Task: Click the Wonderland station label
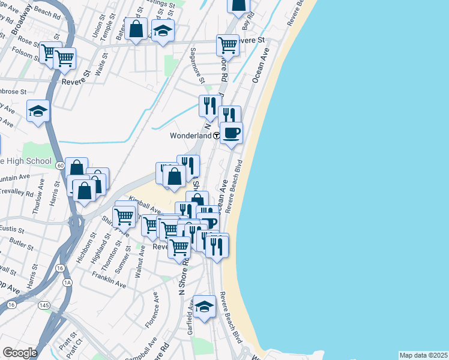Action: pos(190,136)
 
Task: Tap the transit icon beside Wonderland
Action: pos(216,136)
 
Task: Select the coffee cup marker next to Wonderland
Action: pos(231,133)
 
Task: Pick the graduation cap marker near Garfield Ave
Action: pos(204,307)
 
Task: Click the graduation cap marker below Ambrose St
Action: pos(38,111)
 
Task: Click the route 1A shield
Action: pos(67,281)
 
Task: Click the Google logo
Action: pos(20,353)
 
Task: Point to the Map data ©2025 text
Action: pos(423,355)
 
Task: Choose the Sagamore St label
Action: pos(197,66)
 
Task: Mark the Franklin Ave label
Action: pos(109,280)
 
